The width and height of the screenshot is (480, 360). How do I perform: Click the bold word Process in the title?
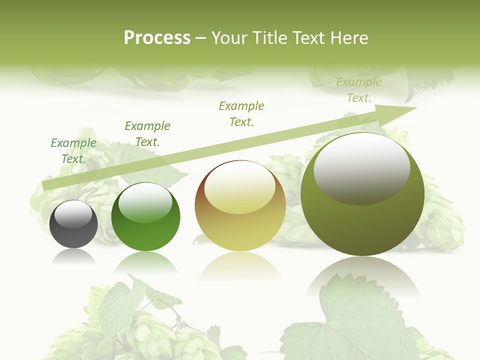coord(157,38)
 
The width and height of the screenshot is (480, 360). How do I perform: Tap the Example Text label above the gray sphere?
coord(73,151)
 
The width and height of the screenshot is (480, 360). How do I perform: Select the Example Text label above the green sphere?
coord(147,134)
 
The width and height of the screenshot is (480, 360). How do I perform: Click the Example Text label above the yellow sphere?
coord(241,114)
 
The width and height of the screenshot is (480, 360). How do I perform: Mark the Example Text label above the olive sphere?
coord(359,90)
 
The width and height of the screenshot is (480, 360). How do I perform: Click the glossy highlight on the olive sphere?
coord(361,169)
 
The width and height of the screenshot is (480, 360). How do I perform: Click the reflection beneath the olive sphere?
coord(362,277)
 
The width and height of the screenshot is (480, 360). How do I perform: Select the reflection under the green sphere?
coord(145,262)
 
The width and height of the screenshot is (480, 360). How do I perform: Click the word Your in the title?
coord(230,38)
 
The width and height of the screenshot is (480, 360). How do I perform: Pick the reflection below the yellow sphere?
coord(240,267)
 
